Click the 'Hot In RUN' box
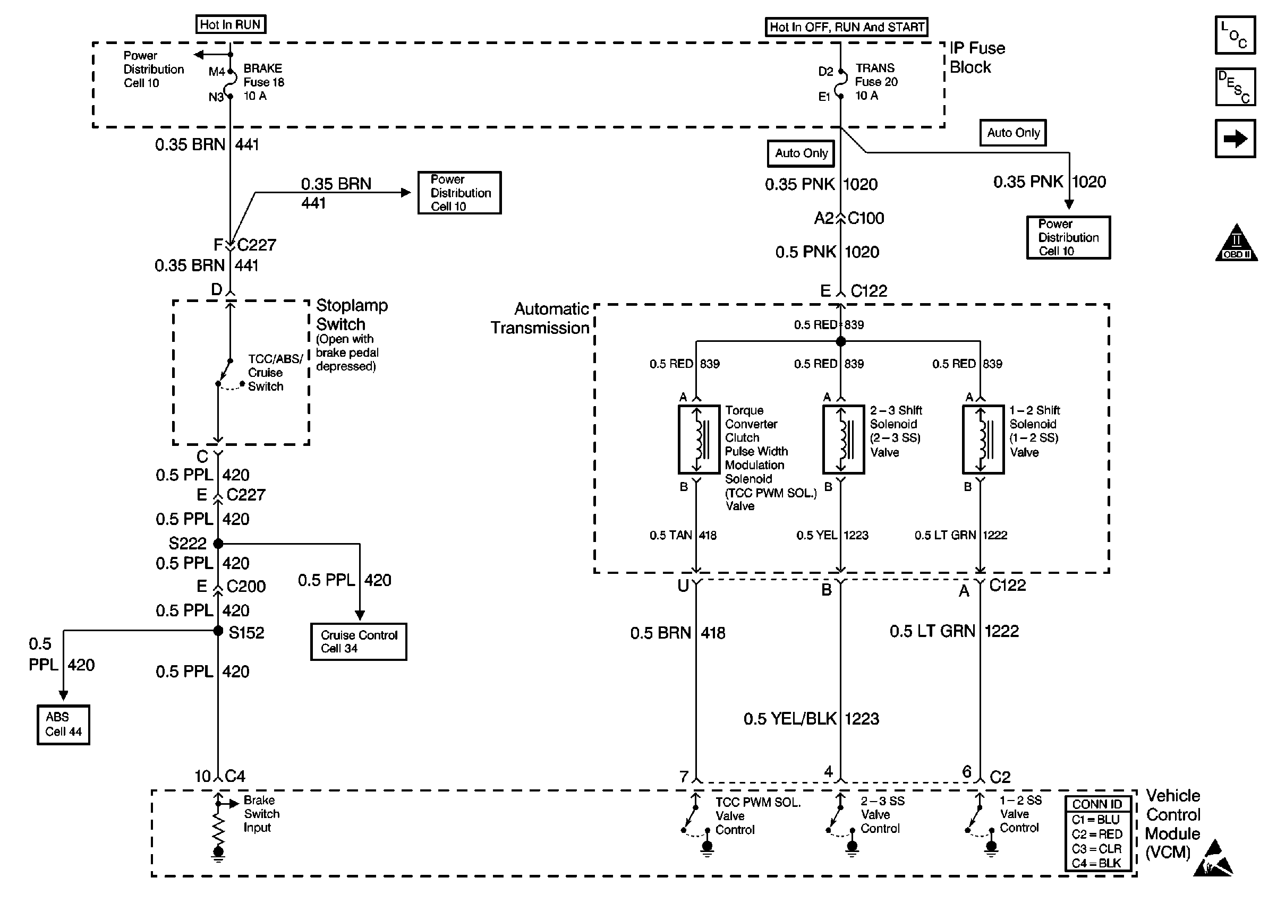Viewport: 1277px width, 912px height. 231,25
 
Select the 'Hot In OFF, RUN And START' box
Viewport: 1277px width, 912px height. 846,27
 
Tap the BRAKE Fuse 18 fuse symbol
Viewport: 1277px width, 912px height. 231,84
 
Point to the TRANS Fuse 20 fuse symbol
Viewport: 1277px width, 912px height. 840,84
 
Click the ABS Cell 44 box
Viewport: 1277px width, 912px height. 64,725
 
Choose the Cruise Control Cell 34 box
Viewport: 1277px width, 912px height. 359,641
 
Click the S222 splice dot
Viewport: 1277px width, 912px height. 218,544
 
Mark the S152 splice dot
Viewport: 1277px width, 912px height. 218,631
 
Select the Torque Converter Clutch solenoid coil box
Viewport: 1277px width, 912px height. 699,439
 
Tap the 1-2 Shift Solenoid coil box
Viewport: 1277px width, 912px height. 983,439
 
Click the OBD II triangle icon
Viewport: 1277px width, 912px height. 1237,243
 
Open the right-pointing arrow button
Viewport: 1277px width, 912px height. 1235,138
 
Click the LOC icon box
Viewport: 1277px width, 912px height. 1235,35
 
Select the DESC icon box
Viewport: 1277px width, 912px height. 1235,87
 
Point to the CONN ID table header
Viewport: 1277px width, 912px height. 1096,804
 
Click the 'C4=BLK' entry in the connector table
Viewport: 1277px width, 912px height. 1096,863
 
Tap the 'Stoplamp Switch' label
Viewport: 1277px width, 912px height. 351,314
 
